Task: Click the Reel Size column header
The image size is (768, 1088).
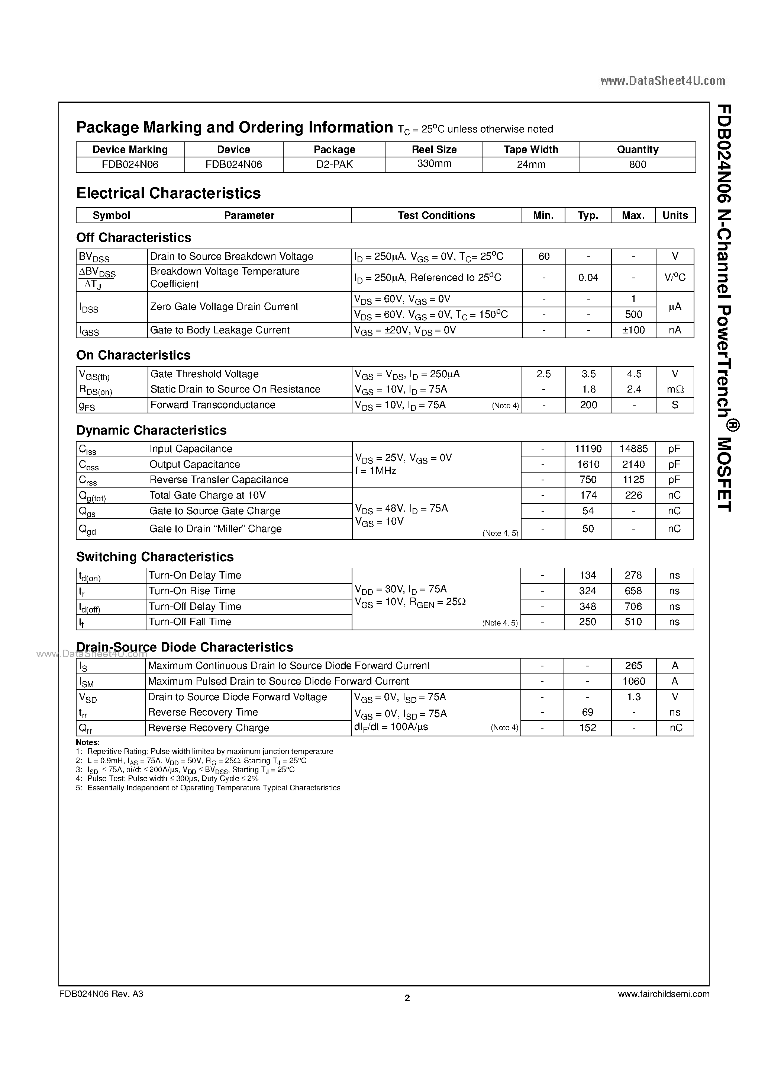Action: tap(434, 149)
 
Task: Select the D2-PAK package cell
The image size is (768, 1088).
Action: tap(334, 164)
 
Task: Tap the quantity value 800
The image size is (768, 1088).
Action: tap(637, 164)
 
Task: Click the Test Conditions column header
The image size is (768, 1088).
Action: tap(436, 215)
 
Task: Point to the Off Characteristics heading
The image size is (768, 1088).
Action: tap(133, 237)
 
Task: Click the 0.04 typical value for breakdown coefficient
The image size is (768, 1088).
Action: tap(588, 278)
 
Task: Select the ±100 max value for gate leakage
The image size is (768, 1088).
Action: tap(633, 330)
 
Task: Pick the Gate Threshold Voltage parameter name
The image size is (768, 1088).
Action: tap(204, 374)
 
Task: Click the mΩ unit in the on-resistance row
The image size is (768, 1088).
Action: tap(675, 390)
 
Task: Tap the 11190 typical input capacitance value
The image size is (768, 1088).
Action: tap(588, 449)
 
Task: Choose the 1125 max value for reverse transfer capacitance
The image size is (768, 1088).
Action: tap(633, 480)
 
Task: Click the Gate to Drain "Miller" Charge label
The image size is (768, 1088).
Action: tap(216, 529)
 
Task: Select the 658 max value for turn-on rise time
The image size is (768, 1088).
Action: tap(633, 591)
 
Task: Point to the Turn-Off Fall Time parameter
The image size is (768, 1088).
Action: tap(190, 622)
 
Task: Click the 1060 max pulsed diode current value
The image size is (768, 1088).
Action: tap(633, 681)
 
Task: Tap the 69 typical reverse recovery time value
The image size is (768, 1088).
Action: tap(588, 712)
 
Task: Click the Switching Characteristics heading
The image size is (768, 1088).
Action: tap(155, 557)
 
